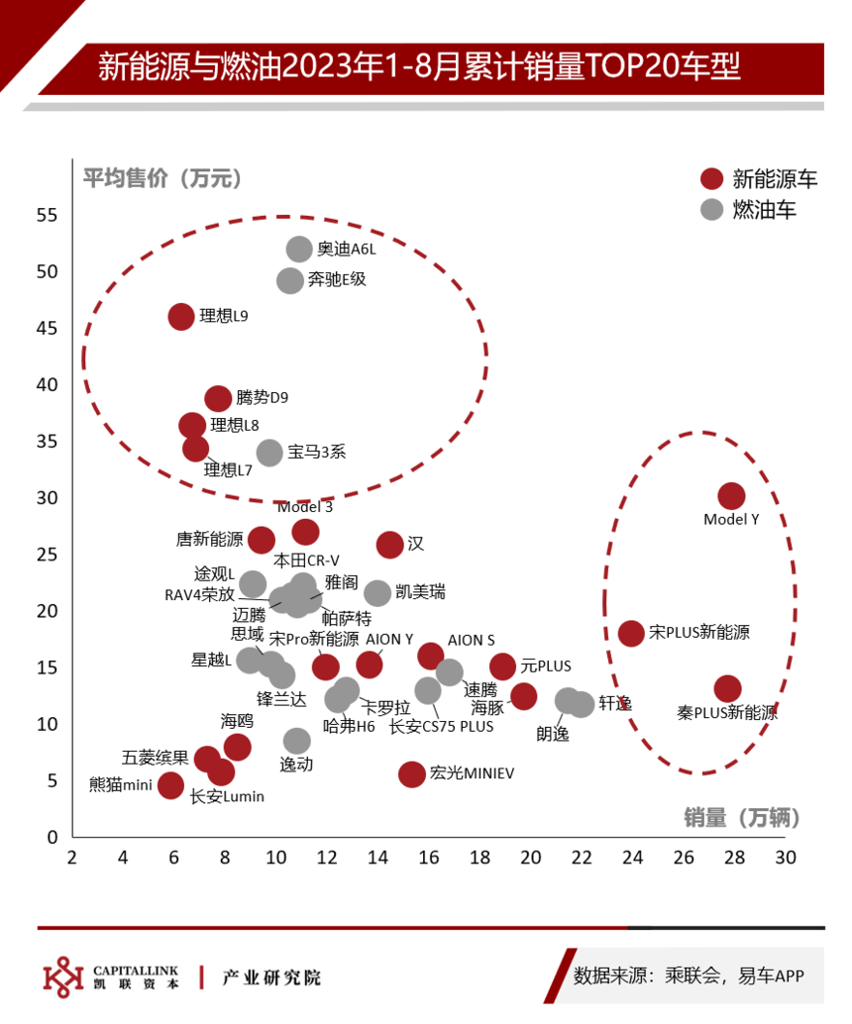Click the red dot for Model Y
pos(731,496)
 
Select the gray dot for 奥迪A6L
pos(298,249)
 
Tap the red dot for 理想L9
pos(181,317)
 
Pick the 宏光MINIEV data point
pos(411,774)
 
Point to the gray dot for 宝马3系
pos(269,453)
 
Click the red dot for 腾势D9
pos(218,398)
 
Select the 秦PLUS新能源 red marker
pos(727,688)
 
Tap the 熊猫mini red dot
pos(170,785)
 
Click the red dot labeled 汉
pos(390,545)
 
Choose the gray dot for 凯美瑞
pos(377,593)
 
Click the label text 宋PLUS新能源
pos(699,632)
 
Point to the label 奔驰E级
pos(337,279)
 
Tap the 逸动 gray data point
pos(296,741)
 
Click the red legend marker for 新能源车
pos(711,179)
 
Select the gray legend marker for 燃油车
pos(711,210)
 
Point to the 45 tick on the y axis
pos(47,329)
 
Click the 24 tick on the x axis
pos(632,858)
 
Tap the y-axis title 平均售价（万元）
pos(162,178)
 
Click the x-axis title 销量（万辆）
pos(742,818)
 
